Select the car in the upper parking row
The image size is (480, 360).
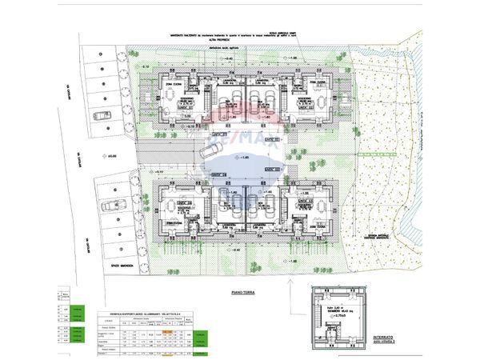[x=102, y=115]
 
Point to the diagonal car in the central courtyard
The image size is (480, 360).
[x=211, y=150]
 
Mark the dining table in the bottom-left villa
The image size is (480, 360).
[x=174, y=203]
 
